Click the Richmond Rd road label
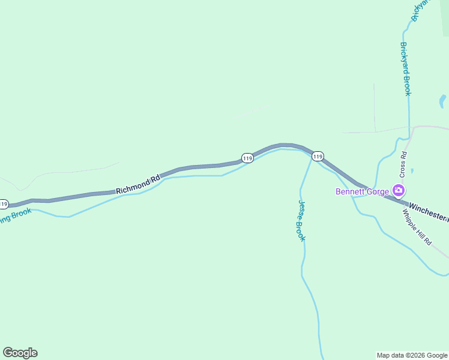tap(138, 184)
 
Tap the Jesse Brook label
tap(302, 221)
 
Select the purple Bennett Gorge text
tap(362, 192)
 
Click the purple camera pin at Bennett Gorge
tap(398, 191)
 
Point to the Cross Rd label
tap(404, 163)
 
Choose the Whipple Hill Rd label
tap(417, 227)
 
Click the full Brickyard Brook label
tap(406, 68)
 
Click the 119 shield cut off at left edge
tap(3, 203)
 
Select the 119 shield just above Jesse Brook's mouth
tap(318, 156)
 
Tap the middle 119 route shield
tap(247, 158)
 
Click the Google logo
tap(20, 352)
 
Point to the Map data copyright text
tap(412, 355)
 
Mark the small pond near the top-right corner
tap(442, 101)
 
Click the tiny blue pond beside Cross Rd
tap(412, 171)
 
